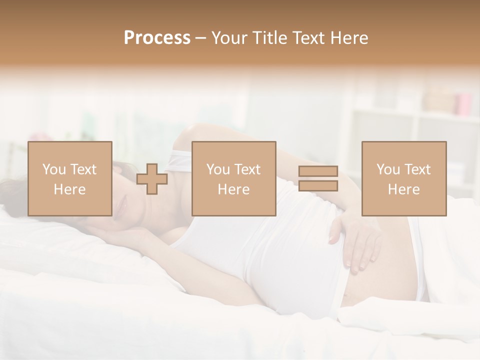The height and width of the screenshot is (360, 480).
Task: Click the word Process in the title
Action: point(157,38)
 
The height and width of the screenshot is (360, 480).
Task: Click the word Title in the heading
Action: point(270,38)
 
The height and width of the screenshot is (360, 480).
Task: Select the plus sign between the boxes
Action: point(152,179)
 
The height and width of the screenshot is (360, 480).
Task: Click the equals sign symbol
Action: point(318,178)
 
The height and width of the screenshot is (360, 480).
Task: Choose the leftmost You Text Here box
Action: point(70,178)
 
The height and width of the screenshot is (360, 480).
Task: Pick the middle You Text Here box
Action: point(234,178)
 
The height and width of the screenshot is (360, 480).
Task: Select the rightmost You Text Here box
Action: point(404,178)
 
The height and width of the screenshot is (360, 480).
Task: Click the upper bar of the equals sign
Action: point(318,171)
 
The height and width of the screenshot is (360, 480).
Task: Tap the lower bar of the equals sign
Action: point(318,185)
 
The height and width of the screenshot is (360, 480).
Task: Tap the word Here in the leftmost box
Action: point(70,189)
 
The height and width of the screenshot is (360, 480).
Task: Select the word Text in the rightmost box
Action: point(417,169)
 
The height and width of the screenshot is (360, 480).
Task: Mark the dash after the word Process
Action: point(201,38)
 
